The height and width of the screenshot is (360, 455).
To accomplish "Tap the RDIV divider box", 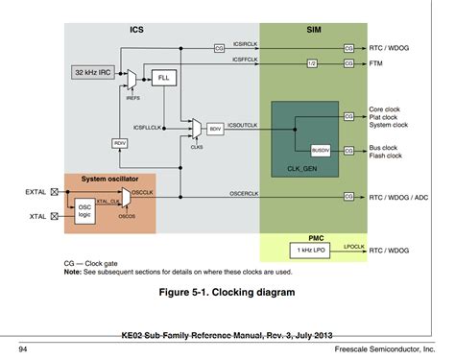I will click(120, 143).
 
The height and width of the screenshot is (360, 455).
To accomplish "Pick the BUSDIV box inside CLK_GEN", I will click(321, 150).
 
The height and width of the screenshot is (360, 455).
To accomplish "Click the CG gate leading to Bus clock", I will click(348, 150).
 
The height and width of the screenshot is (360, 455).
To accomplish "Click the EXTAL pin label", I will click(36, 192).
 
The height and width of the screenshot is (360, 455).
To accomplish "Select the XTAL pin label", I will click(38, 217).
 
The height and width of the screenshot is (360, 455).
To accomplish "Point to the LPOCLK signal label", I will click(356, 245).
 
